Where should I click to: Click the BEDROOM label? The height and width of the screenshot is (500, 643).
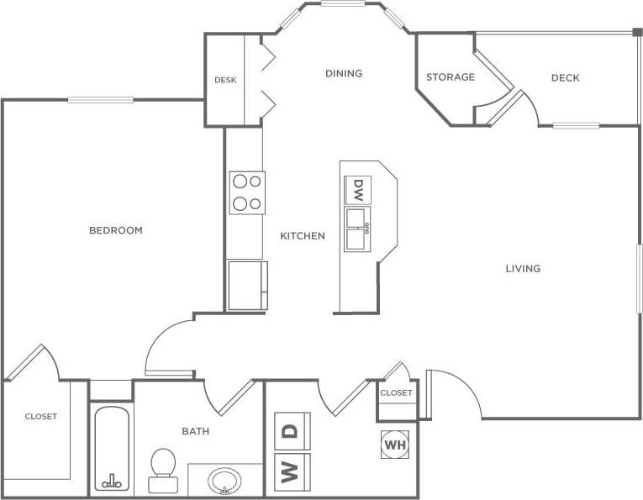[116, 230]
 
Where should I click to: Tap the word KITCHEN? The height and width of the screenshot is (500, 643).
[303, 236]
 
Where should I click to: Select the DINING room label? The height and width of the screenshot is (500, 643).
[344, 74]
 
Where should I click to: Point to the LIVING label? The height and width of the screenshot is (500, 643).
[523, 269]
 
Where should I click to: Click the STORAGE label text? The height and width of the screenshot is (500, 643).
[451, 77]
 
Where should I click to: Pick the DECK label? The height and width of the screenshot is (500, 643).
[566, 78]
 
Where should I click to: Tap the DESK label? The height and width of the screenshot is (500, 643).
[225, 81]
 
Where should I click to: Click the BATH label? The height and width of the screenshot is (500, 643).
[196, 432]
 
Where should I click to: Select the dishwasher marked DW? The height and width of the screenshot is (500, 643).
[357, 188]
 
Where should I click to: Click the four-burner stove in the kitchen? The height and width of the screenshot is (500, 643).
[247, 192]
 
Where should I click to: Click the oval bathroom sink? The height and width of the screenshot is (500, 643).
[224, 482]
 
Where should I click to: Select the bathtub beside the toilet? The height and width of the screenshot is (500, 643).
[111, 450]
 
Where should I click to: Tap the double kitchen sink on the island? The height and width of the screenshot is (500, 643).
[357, 229]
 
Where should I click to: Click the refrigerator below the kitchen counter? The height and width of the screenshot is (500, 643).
[247, 286]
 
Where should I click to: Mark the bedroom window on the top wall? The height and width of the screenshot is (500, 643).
[100, 100]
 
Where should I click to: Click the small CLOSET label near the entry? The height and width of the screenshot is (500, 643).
[396, 393]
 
